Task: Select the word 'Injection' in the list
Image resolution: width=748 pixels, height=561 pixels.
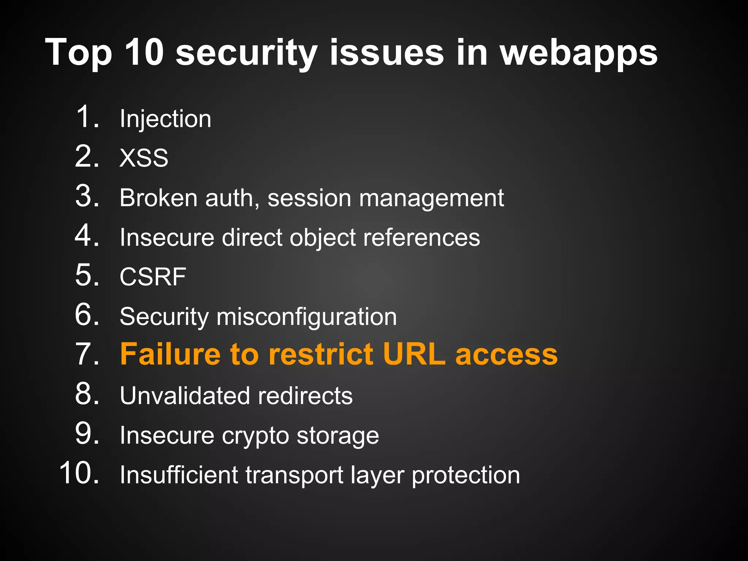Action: (x=165, y=119)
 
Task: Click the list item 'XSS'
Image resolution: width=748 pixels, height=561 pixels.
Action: (x=144, y=158)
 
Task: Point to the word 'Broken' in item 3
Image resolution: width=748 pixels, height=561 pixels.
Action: (x=159, y=198)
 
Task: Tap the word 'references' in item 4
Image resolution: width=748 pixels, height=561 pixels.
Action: (x=421, y=237)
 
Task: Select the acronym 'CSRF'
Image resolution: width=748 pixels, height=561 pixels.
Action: (x=153, y=277)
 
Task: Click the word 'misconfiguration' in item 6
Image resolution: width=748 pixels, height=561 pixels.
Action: (x=306, y=317)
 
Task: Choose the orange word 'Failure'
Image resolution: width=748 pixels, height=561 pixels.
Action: (x=170, y=354)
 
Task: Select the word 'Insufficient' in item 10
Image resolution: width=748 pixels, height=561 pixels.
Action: (x=179, y=475)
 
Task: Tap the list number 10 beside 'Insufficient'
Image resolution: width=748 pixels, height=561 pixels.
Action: (x=79, y=473)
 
